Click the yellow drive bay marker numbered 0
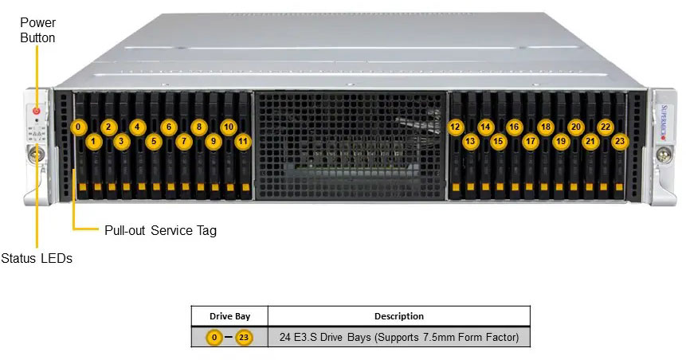coord(78,127)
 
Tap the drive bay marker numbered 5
coord(154,142)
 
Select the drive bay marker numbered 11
coord(243,142)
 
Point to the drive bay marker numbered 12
coord(455,127)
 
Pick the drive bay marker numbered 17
coord(531,142)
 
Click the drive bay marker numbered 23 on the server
coord(620,142)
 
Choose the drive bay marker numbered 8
coord(198,127)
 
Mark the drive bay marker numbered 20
coord(575,127)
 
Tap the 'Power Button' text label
coord(37,30)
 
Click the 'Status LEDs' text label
coord(37,258)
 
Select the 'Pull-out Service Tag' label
coord(160,231)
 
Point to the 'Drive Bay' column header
coord(229,316)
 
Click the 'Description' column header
coord(398,316)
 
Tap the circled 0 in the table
coord(214,338)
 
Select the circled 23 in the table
coord(244,338)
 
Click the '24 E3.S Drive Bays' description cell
coord(398,338)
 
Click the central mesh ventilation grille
coord(351,143)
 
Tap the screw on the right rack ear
coord(661,151)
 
